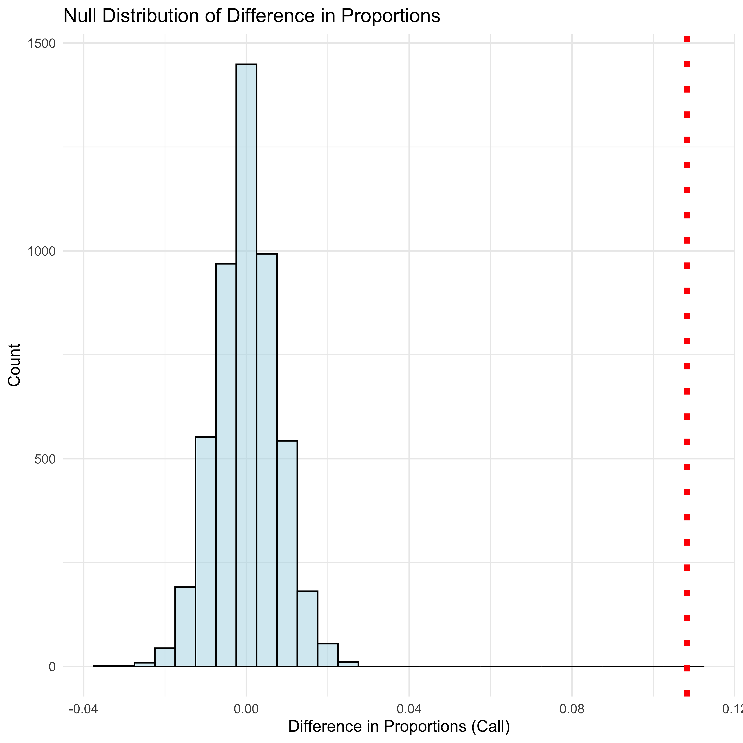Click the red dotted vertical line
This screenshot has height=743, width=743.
(686, 346)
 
